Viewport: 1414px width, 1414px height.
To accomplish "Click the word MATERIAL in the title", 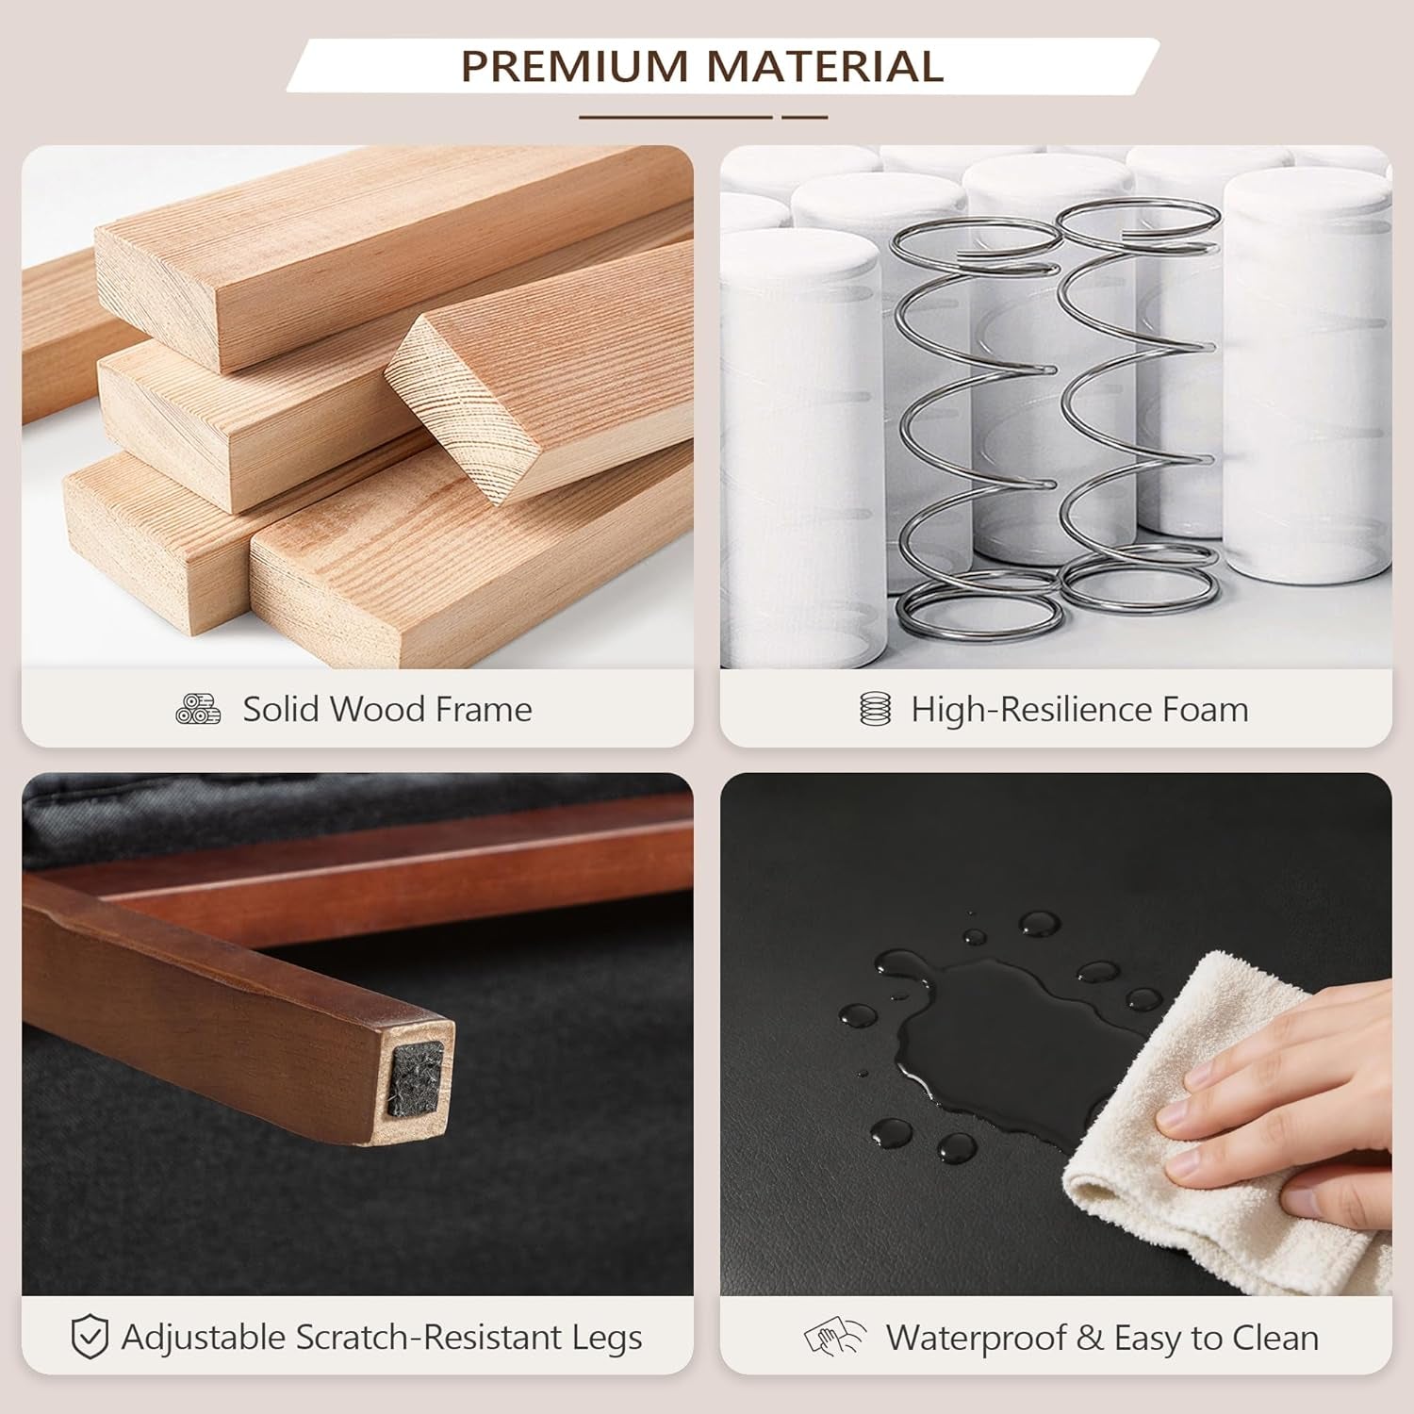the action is pos(825,66).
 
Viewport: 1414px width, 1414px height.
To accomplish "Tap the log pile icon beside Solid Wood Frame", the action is pos(198,709).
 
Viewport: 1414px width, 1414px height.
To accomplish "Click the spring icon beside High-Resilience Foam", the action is pos(876,709).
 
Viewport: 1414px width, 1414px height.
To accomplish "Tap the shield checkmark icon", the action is pos(90,1338).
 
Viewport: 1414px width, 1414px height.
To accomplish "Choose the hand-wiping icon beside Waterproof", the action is pos(835,1338).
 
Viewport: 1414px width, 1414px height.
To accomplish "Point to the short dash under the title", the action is pos(805,117).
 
